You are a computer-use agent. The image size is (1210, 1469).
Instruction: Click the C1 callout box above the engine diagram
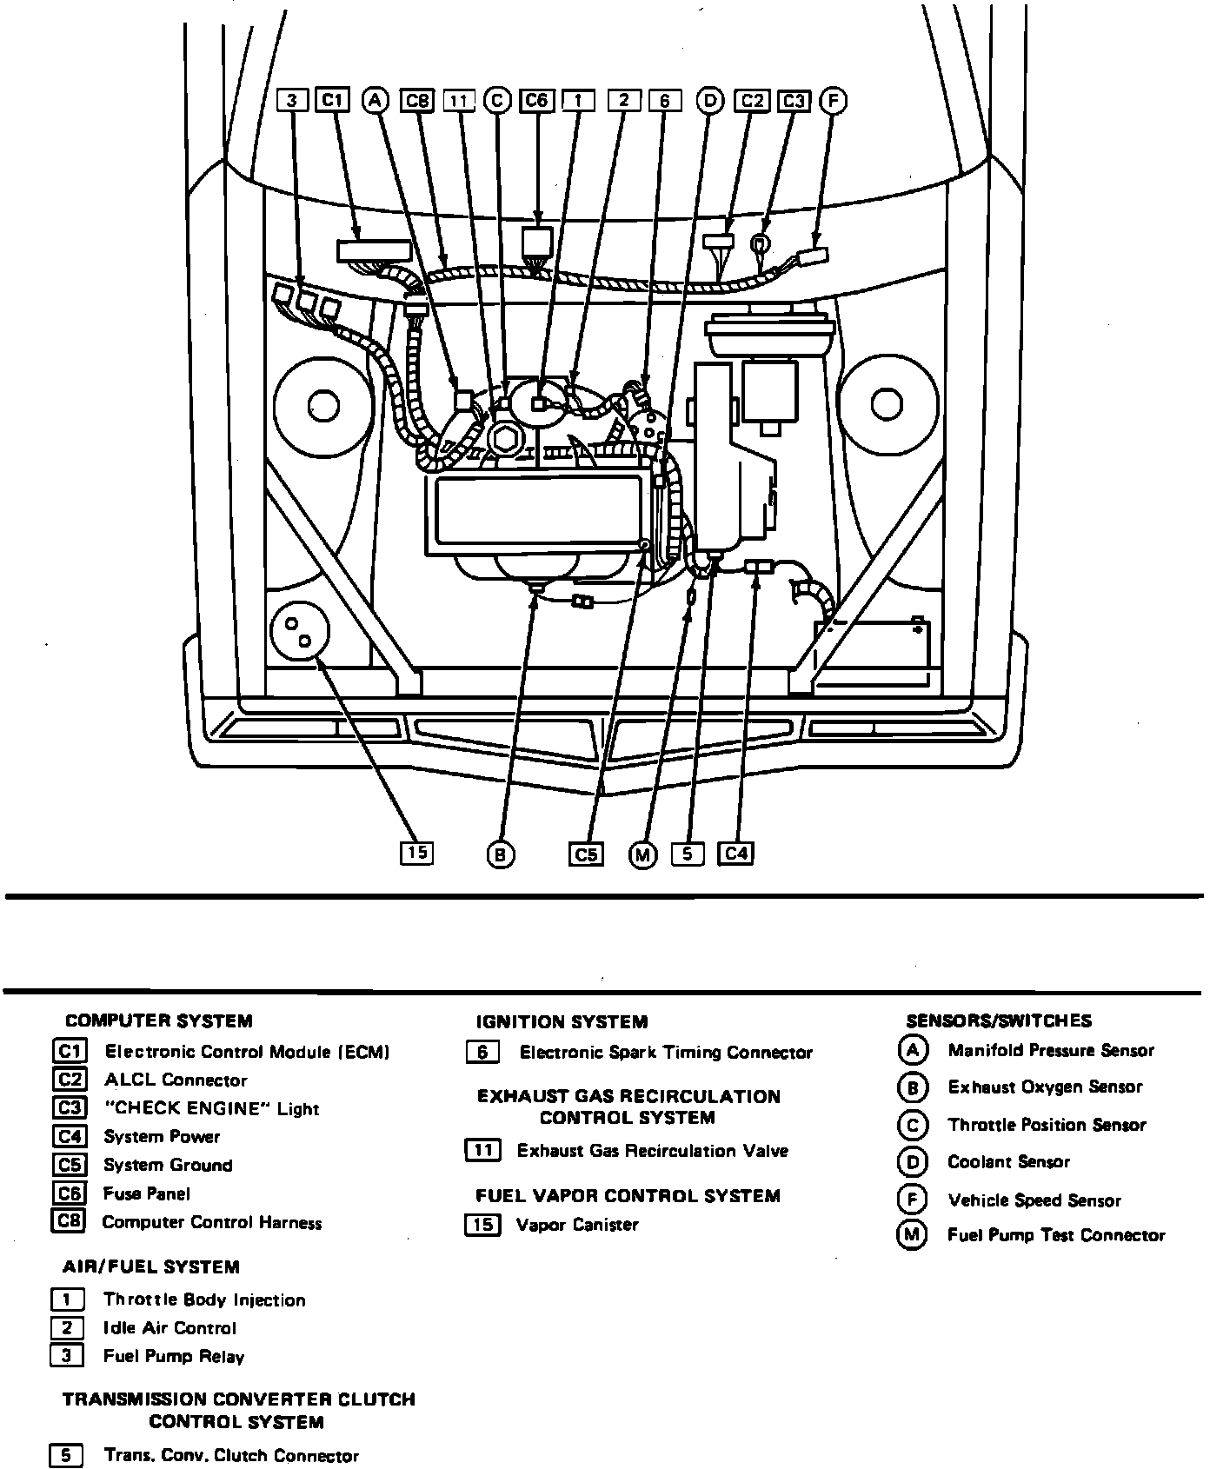point(332,101)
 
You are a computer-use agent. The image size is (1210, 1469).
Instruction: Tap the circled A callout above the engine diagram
point(375,101)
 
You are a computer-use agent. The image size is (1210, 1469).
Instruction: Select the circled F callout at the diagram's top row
point(833,101)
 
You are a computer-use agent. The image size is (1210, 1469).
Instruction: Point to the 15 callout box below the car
point(416,853)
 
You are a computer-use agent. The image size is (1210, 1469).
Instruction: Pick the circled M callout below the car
point(642,856)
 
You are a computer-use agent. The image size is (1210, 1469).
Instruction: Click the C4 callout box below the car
point(735,854)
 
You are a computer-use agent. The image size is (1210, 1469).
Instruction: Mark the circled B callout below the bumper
point(500,856)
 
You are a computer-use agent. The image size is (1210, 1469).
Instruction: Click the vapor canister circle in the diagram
point(301,632)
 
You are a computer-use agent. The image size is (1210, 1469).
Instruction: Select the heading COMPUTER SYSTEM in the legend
point(159,1021)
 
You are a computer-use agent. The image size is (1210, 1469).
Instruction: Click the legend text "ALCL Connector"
point(176,1080)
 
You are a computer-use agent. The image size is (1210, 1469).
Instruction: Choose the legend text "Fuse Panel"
point(146,1194)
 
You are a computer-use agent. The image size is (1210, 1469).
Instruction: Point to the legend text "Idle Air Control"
point(170,1328)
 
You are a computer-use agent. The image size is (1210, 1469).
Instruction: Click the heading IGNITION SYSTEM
point(562,1022)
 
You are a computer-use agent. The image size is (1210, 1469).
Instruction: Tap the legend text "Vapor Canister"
point(577,1226)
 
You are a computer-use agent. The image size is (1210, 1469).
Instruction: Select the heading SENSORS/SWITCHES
point(999,1020)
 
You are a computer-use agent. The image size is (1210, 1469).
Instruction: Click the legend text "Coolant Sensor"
point(1008,1162)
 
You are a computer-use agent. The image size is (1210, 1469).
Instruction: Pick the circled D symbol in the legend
point(912,1162)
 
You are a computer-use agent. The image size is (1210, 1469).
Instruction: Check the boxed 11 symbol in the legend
point(482,1151)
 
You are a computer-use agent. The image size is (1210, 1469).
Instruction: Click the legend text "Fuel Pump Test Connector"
point(1056,1235)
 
